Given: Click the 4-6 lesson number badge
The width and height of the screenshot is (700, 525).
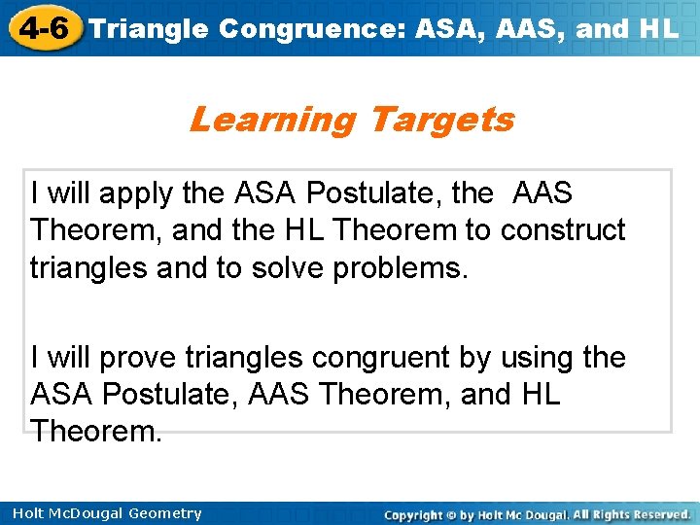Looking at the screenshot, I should (x=42, y=27).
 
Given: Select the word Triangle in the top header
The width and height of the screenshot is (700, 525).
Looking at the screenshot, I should (x=149, y=28).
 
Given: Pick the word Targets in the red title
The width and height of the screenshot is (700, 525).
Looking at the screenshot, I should (x=441, y=120).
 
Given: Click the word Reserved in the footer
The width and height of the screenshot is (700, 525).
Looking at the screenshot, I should (x=657, y=513).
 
